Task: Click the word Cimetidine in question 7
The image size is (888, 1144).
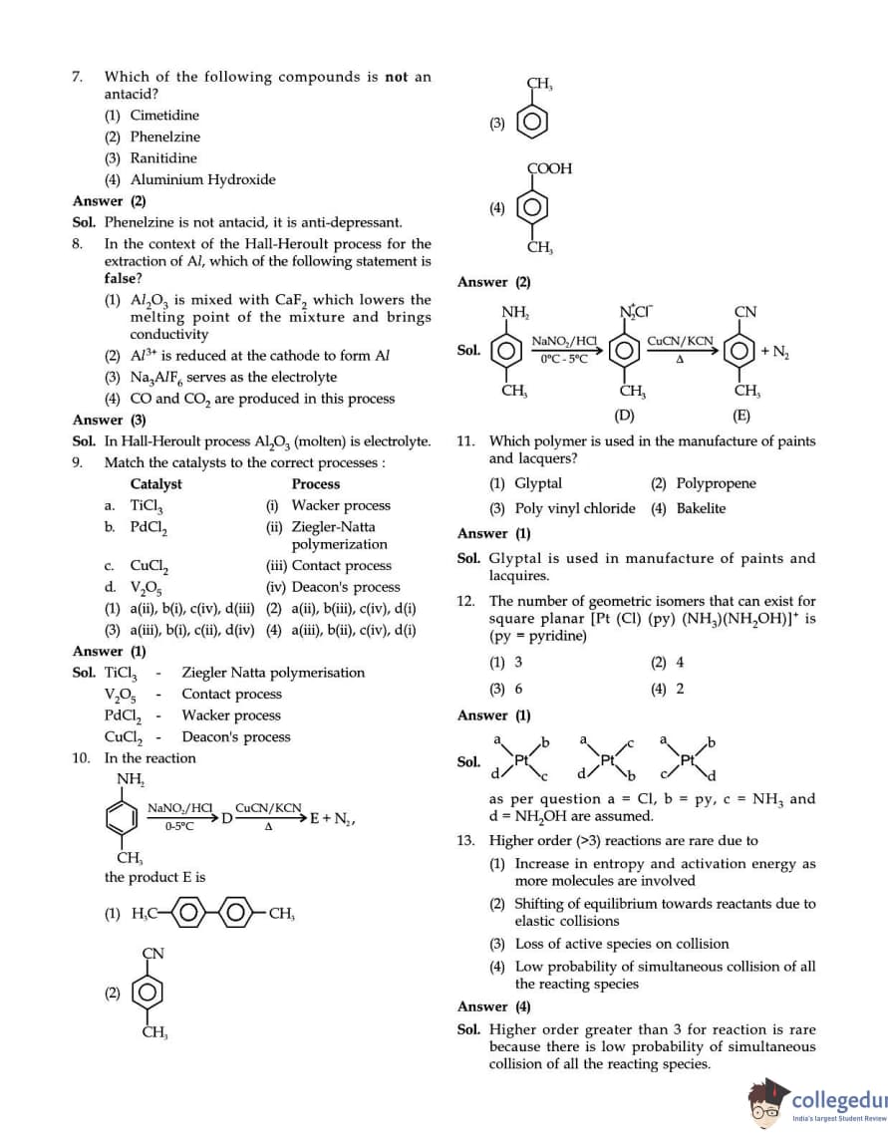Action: (x=164, y=116)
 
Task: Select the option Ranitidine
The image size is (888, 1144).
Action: (x=163, y=158)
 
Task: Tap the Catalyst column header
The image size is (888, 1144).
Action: (x=156, y=484)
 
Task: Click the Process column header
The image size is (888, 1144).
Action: (x=316, y=484)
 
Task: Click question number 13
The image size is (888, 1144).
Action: (x=465, y=841)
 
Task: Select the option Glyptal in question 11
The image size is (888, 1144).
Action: (x=538, y=484)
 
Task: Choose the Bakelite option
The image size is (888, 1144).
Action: (x=702, y=509)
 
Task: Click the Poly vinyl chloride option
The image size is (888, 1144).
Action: (x=574, y=509)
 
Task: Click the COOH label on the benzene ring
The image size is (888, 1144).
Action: (x=550, y=169)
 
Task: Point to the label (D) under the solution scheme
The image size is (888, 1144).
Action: (x=625, y=416)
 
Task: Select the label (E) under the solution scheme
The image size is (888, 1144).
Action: (x=741, y=416)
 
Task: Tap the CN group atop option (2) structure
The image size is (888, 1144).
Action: (x=152, y=954)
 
